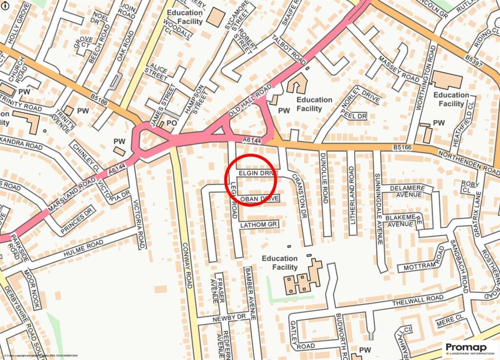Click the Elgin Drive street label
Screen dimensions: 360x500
pyautogui.click(x=258, y=173)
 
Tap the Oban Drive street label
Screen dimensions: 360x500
pyautogui.click(x=259, y=199)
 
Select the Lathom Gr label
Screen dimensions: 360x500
pyautogui.click(x=259, y=225)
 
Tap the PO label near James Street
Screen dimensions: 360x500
pyautogui.click(x=171, y=123)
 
